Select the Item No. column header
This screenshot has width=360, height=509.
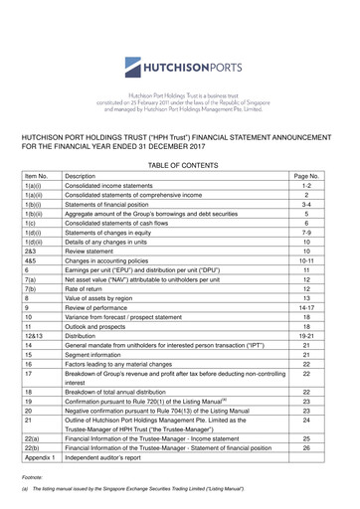[x=37, y=174]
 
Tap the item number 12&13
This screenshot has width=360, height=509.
[x=37, y=379]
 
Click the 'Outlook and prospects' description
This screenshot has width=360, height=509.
[x=104, y=365]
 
